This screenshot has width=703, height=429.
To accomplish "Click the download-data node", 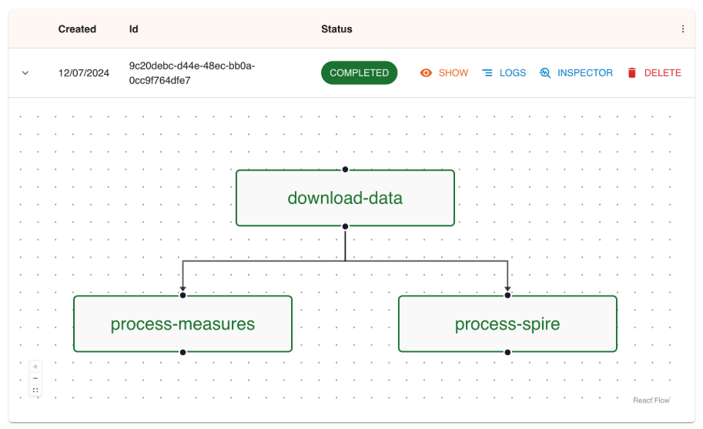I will click(345, 198).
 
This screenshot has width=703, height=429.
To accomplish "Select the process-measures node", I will click(182, 323).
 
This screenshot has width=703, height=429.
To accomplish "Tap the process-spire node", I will click(507, 323).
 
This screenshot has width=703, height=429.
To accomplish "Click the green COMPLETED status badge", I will click(359, 73).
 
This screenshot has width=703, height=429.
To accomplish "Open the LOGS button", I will click(504, 73).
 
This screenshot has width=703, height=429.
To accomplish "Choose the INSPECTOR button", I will click(576, 73).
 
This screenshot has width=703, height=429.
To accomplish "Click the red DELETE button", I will click(654, 73).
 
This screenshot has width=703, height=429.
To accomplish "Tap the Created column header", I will click(77, 29).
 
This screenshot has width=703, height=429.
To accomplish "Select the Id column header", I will click(134, 29).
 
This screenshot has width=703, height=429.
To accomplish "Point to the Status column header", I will click(336, 29).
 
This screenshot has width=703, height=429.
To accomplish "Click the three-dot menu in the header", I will click(683, 29).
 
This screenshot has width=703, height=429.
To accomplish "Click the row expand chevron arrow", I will click(25, 73).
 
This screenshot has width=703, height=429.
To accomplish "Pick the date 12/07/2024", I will click(84, 73).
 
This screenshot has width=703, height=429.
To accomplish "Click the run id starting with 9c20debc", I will click(192, 73).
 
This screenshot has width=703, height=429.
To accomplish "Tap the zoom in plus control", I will click(35, 367).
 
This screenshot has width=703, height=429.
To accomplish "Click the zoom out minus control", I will click(35, 378).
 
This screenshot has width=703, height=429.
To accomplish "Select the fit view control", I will click(35, 390).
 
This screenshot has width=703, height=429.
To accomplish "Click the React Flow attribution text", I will click(651, 401).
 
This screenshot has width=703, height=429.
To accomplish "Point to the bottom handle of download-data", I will click(345, 226).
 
